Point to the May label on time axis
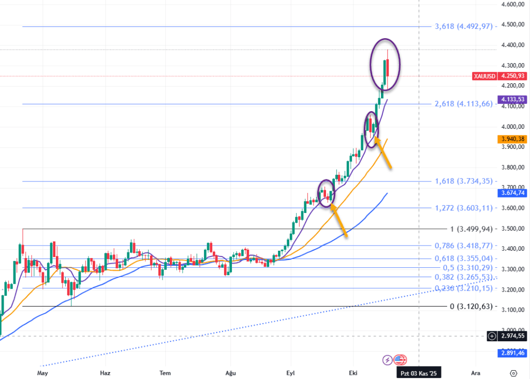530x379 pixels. [42, 372]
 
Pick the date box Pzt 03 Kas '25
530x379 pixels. [419, 372]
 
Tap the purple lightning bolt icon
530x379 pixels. [387, 360]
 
